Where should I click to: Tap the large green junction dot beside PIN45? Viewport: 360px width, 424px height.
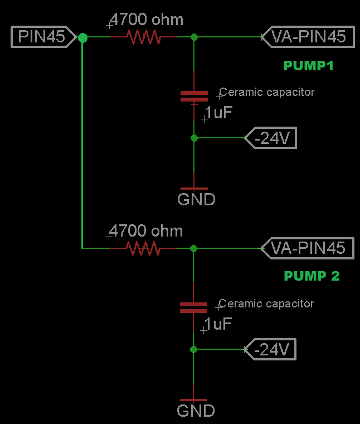pyautogui.click(x=82, y=37)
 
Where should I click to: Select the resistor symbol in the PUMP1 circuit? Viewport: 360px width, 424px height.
pyautogui.click(x=143, y=37)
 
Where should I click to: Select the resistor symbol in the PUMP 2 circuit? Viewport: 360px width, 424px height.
pyautogui.click(x=143, y=248)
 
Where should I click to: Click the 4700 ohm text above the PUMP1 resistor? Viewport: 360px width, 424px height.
pyautogui.click(x=147, y=20)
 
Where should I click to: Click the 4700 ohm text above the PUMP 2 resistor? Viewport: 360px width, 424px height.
pyautogui.click(x=146, y=231)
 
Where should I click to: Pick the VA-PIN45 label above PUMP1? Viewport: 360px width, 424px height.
pyautogui.click(x=308, y=37)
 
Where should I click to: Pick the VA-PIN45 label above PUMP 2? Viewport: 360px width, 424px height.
pyautogui.click(x=308, y=248)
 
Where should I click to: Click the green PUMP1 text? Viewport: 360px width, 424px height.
pyautogui.click(x=308, y=66)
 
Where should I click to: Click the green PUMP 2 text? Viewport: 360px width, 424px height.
pyautogui.click(x=312, y=276)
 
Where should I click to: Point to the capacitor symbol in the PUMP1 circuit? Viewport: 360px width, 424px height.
pyautogui.click(x=194, y=96)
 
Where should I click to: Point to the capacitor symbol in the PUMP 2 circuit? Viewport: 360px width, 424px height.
pyautogui.click(x=193, y=307)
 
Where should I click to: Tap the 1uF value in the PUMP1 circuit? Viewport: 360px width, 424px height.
pyautogui.click(x=218, y=113)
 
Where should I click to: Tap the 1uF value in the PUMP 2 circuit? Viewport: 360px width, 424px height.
pyautogui.click(x=217, y=324)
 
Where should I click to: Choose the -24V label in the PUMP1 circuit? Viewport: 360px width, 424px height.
pyautogui.click(x=271, y=138)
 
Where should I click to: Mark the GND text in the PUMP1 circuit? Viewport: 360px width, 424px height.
pyautogui.click(x=196, y=199)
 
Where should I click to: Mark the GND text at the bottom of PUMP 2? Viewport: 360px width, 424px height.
pyautogui.click(x=196, y=411)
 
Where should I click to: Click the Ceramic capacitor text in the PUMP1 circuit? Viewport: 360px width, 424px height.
pyautogui.click(x=267, y=92)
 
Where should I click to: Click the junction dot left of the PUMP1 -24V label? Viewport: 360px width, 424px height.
pyautogui.click(x=194, y=138)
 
